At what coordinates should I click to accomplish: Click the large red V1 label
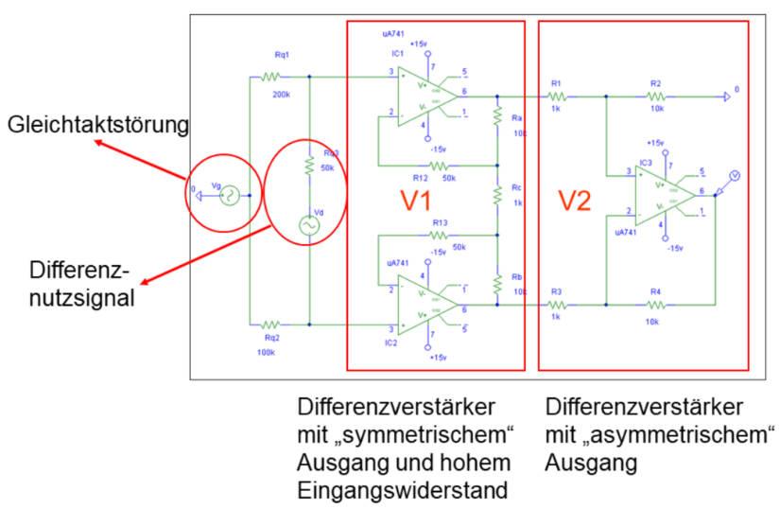pyautogui.click(x=412, y=201)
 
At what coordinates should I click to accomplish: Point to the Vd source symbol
pyautogui.click(x=308, y=225)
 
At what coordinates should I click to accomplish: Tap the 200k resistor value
pyautogui.click(x=282, y=95)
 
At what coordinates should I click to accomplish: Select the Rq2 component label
pyautogui.click(x=272, y=337)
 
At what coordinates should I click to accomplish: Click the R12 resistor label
pyautogui.click(x=421, y=177)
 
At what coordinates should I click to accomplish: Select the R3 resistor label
pyautogui.click(x=556, y=292)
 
